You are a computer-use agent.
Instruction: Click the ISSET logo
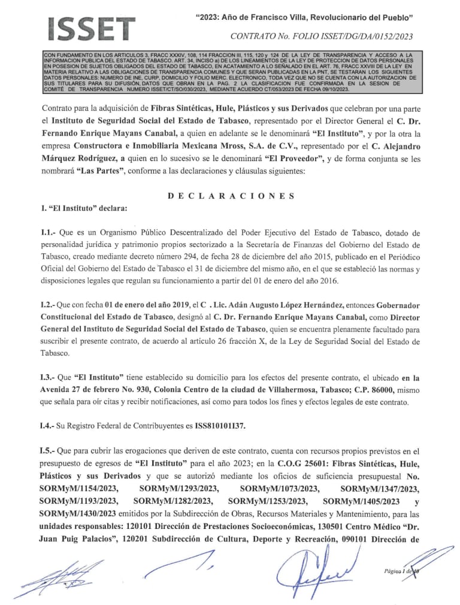coord(90,29)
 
